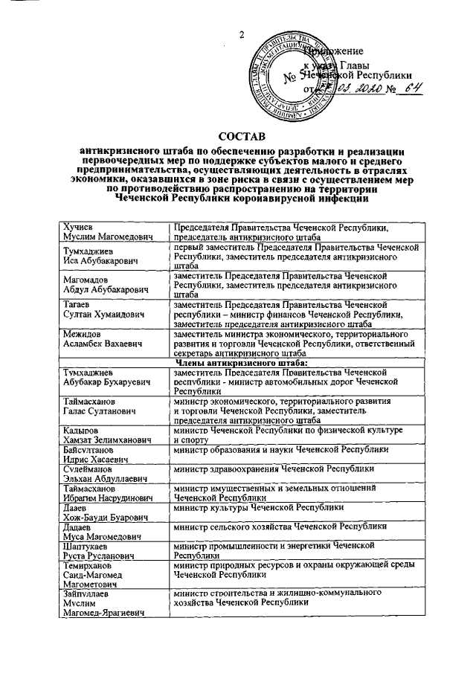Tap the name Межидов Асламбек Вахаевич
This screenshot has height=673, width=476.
100,338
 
